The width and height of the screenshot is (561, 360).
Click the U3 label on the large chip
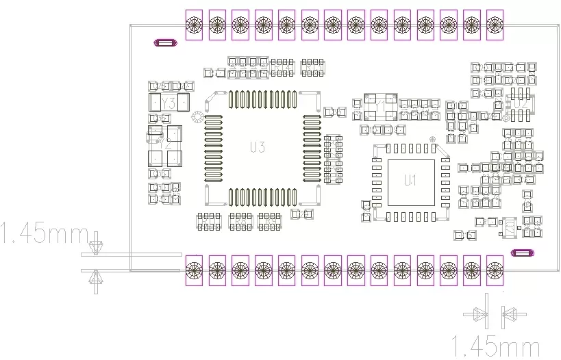[258, 147]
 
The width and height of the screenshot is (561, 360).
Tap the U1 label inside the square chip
[410, 181]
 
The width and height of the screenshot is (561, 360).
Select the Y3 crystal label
[169, 103]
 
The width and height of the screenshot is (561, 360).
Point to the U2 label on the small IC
[522, 103]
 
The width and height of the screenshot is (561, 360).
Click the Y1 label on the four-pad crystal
[379, 105]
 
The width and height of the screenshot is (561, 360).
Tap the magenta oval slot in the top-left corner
[166, 43]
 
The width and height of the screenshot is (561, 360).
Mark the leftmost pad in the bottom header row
[194, 269]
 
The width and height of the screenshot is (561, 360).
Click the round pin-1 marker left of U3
[197, 116]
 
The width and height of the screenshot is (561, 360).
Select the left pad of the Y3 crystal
[155, 103]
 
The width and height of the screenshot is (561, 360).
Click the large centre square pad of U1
[410, 182]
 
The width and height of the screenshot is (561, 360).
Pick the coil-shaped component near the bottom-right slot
[508, 227]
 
